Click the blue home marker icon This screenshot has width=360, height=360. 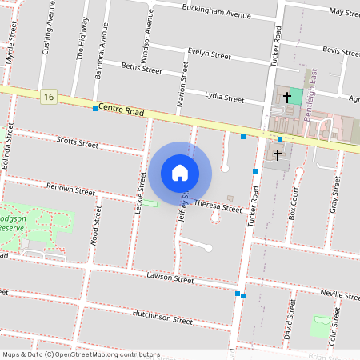180,173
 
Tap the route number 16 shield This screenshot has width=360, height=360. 50,97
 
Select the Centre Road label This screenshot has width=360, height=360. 122,111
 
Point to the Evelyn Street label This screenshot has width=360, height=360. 209,54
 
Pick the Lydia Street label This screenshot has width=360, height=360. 224,98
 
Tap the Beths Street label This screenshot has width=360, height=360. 141,70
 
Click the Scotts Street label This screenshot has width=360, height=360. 78,143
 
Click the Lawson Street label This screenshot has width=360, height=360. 170,278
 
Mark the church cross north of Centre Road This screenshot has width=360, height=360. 286,97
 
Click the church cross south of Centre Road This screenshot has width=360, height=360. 278,154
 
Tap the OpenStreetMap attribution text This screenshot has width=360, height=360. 81,354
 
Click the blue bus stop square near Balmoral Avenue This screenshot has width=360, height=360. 95,108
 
